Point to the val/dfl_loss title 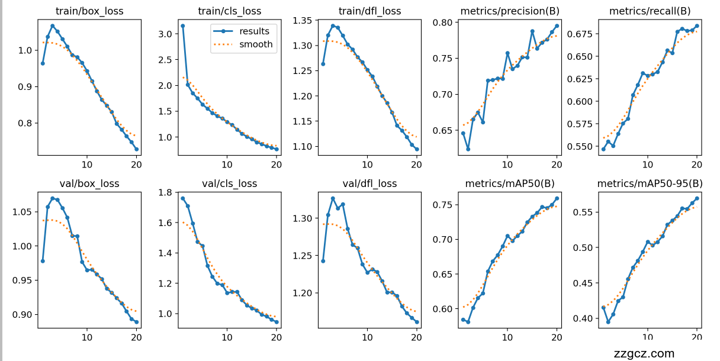(x=369, y=183)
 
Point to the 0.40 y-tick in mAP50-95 (x=584, y=318)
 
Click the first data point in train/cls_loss (x=183, y=26)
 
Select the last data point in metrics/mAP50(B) (x=557, y=198)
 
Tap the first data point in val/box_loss (x=43, y=261)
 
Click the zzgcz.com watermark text (x=644, y=354)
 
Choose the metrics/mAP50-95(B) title (x=650, y=183)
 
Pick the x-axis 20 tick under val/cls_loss (x=277, y=337)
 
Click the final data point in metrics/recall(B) (x=697, y=26)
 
